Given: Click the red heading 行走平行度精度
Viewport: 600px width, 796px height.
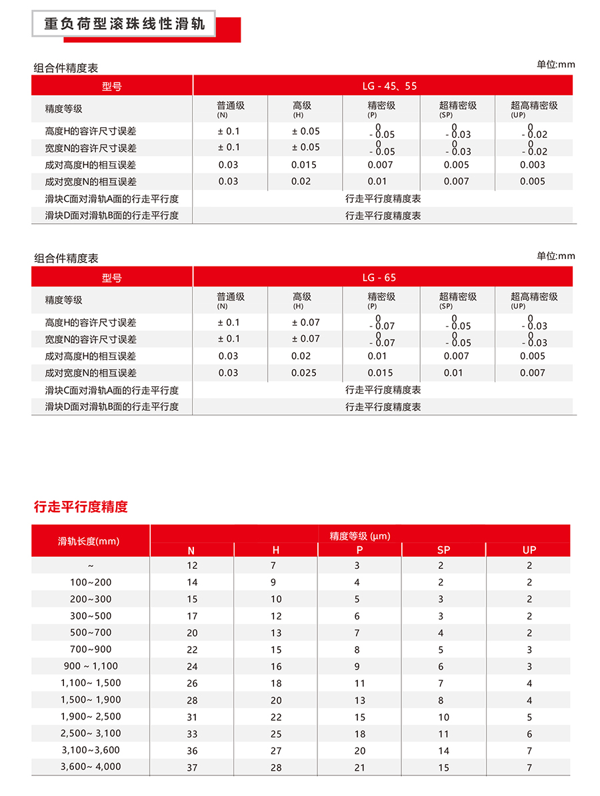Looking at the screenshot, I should [x=81, y=507].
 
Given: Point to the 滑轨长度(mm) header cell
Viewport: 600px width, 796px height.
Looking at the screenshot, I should [x=89, y=541].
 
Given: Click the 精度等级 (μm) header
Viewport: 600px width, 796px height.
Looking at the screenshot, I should [x=360, y=536].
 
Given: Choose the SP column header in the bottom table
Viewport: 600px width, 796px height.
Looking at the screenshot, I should [x=443, y=550].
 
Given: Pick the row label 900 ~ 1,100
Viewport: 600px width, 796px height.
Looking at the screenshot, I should [x=91, y=666].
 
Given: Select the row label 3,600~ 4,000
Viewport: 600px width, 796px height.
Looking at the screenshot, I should [x=91, y=767].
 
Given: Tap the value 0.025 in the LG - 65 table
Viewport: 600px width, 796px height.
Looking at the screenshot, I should [x=304, y=373].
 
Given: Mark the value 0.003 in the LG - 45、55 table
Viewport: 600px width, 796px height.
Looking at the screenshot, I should [x=533, y=165].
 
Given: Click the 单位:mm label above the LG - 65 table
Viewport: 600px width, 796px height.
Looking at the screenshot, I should [x=555, y=256].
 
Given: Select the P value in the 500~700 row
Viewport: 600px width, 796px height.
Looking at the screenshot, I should [x=357, y=633].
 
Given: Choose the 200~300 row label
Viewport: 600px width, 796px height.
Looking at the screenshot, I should [x=91, y=599].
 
